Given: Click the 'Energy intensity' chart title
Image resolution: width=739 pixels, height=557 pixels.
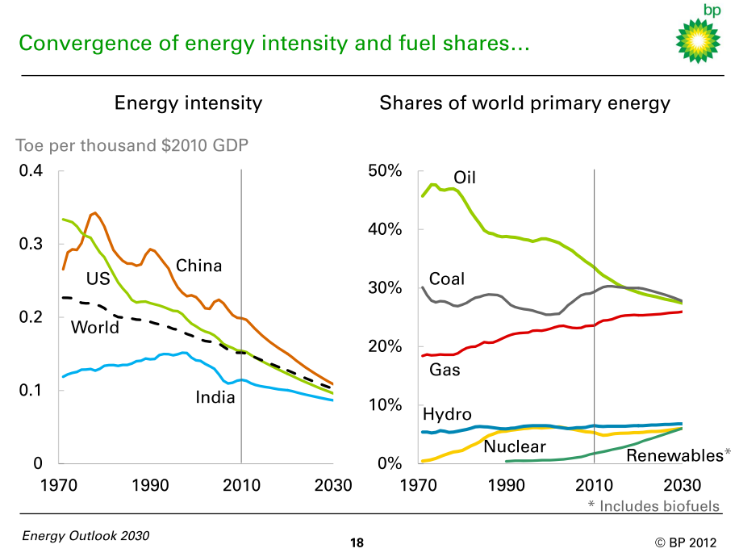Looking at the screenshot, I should click(x=188, y=103).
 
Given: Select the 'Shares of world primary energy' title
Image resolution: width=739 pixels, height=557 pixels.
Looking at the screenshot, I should click(x=524, y=103).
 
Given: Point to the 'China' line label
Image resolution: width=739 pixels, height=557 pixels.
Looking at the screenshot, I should click(x=198, y=266).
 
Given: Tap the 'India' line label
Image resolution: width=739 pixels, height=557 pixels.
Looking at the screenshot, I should click(x=215, y=397).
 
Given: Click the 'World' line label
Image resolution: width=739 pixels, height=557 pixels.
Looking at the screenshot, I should click(x=94, y=327).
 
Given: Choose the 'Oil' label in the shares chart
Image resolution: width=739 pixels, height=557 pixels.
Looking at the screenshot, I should click(x=465, y=178).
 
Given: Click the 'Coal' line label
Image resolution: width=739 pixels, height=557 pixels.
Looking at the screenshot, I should click(x=447, y=279).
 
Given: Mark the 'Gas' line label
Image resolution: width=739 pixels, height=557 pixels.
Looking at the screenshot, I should click(x=445, y=370).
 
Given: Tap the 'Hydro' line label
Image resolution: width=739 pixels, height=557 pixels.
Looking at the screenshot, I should click(x=447, y=415).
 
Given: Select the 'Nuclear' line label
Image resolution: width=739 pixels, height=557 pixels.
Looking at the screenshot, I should click(x=516, y=446).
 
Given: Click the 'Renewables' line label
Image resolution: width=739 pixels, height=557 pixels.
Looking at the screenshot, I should click(x=674, y=456).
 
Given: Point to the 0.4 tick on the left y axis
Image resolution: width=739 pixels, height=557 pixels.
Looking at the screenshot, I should click(x=31, y=171).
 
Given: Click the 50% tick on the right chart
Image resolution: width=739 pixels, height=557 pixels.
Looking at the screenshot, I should click(x=385, y=171).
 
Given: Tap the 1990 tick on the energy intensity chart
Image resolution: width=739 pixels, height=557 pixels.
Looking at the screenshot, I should click(x=150, y=486).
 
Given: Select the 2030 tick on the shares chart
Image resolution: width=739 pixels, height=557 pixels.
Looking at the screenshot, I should click(x=683, y=486).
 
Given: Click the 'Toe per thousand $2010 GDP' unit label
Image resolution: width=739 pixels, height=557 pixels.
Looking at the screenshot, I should click(x=132, y=146).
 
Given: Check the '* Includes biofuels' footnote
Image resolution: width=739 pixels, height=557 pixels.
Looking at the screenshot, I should click(x=652, y=506).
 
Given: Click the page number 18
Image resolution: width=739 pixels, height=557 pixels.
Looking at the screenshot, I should click(x=357, y=542).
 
